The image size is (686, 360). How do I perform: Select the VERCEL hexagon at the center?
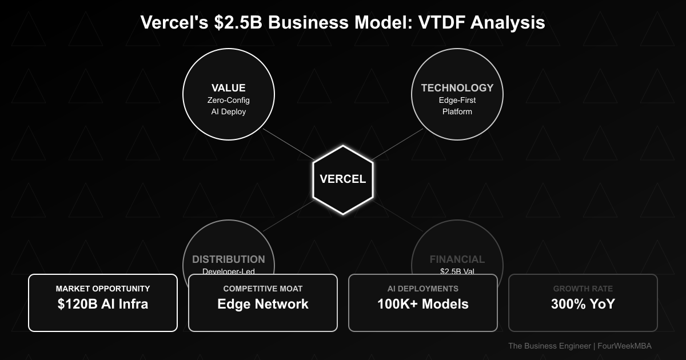pos(343,179)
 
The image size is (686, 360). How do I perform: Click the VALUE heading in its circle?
pos(229,88)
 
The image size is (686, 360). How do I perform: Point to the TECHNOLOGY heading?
pos(457,88)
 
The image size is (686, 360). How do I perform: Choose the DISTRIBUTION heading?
pos(229,259)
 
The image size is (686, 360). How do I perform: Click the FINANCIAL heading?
pos(457,259)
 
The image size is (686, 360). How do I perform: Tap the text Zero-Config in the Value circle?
pos(229,101)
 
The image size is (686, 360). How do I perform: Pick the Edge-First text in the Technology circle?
pos(457,101)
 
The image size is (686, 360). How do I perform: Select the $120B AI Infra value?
pos(103,305)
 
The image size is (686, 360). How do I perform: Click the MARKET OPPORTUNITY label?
pos(103,289)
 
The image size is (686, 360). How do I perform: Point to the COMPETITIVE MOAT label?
pos(263,289)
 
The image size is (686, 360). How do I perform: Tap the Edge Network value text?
pos(263,305)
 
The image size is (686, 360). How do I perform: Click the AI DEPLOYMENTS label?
pos(423,289)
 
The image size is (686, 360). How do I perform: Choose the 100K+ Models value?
pos(423,305)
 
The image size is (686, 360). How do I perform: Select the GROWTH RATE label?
pos(583,289)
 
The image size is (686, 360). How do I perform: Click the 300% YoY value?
pos(583,305)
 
